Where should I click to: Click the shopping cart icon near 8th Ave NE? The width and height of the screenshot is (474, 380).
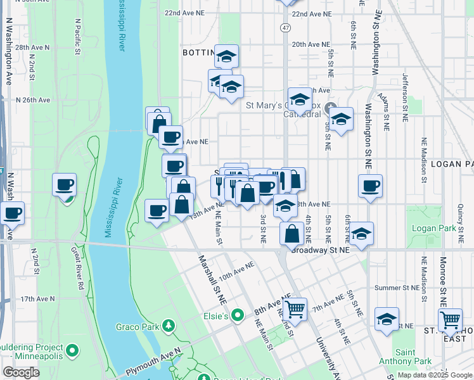(x=295, y=310)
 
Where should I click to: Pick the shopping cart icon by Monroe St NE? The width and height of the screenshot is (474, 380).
(x=450, y=320)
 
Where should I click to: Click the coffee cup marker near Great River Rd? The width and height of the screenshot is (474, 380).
(x=65, y=185)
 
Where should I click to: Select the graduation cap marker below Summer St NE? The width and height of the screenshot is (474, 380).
(x=386, y=319)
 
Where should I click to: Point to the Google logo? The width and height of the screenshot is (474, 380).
(x=22, y=372)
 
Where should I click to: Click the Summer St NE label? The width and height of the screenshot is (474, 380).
(x=397, y=288)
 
